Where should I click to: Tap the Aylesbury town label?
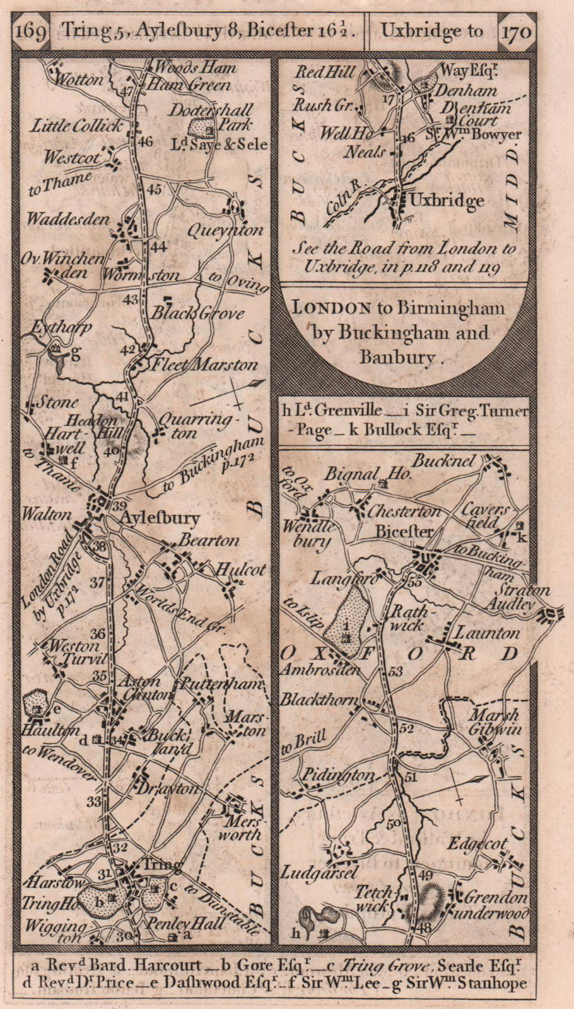pyautogui.click(x=160, y=518)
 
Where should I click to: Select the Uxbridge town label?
pyautogui.click(x=447, y=201)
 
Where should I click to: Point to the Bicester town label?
pyautogui.click(x=404, y=532)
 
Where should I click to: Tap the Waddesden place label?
pyautogui.click(x=67, y=219)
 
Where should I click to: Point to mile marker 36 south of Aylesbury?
pyautogui.click(x=98, y=633)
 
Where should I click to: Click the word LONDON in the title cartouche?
pyautogui.click(x=331, y=308)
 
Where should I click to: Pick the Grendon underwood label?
pyautogui.click(x=495, y=904)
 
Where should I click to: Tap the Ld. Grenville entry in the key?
pyautogui.click(x=337, y=411)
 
